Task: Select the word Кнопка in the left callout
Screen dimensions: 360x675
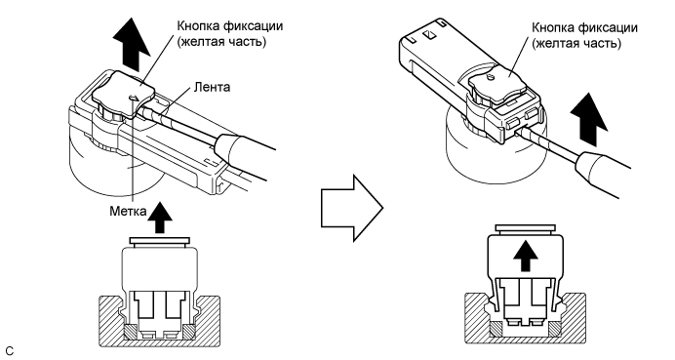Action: (196, 23)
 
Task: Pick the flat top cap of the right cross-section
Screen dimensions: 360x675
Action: (527, 229)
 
